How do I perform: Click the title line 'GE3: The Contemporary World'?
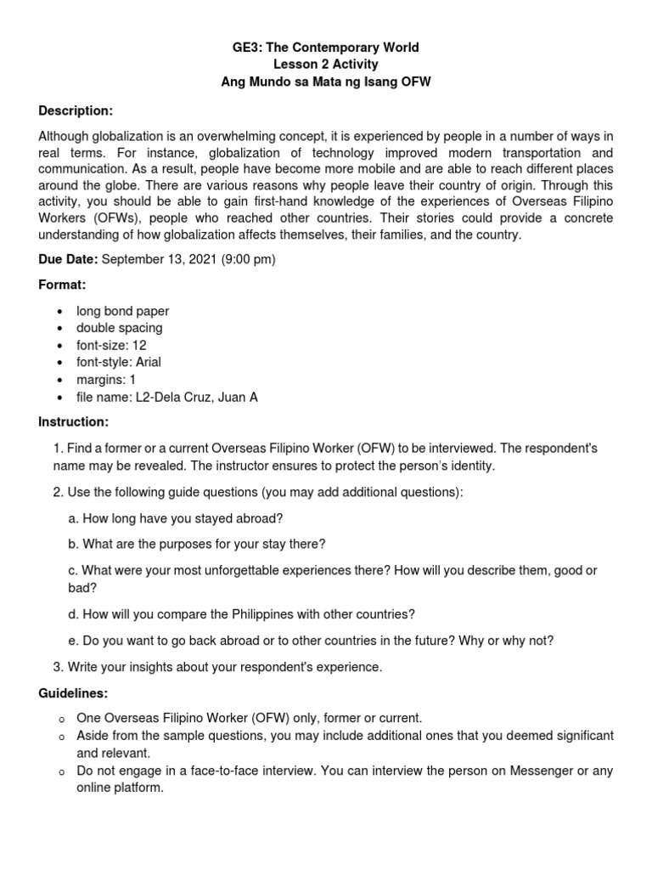[326, 48]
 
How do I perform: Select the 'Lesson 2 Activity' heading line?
[326, 64]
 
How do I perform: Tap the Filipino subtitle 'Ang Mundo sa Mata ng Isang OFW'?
[326, 81]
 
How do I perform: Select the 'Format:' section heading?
[63, 285]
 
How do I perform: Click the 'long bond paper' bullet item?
[122, 311]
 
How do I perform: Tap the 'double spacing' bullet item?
[119, 328]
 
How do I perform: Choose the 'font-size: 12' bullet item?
[111, 345]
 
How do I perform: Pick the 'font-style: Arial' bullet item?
[118, 362]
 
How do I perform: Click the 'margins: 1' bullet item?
[105, 379]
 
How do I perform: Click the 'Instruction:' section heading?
[74, 422]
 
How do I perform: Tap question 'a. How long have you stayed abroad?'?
[176, 518]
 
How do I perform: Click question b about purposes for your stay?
[196, 544]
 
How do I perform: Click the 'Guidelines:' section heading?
[74, 693]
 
